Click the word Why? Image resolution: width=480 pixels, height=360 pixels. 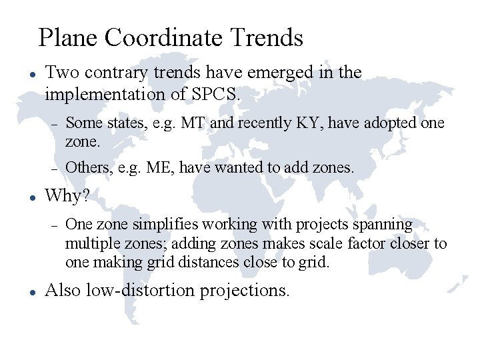point(67,196)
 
